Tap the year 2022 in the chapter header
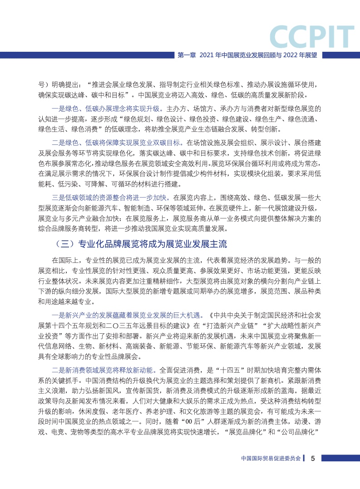click(x=286, y=55)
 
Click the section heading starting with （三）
click(x=139, y=244)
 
